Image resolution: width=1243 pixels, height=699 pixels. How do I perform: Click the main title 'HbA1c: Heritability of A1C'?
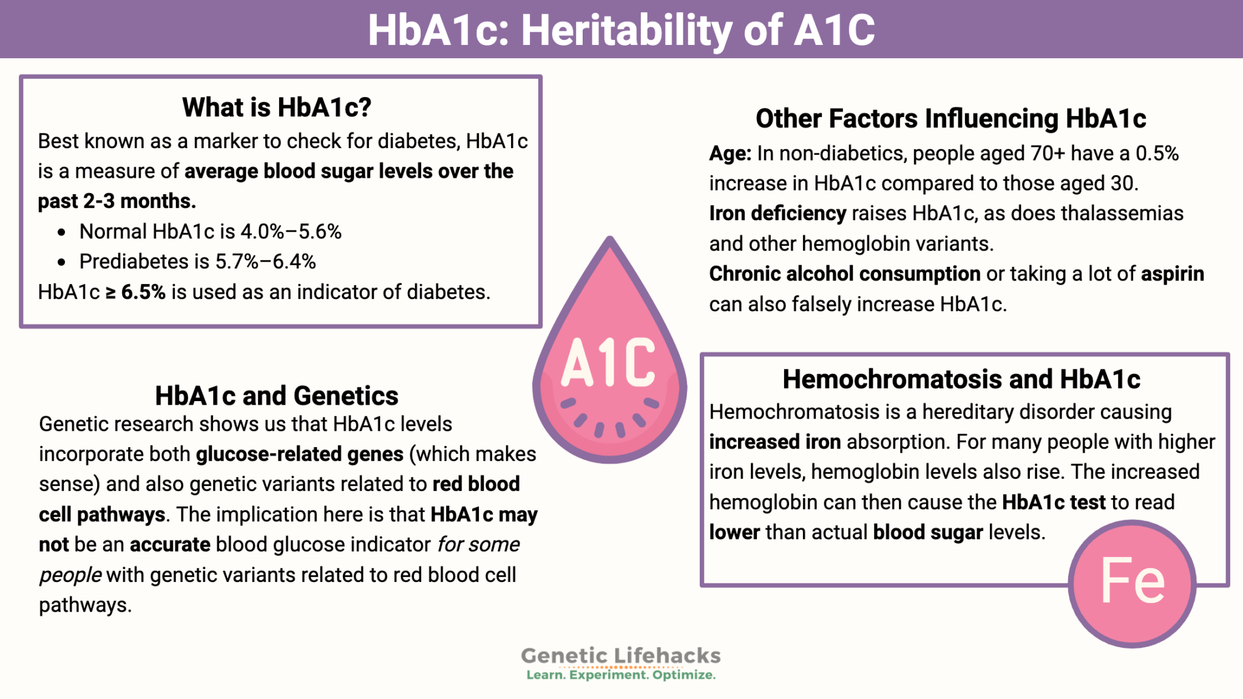[621, 30]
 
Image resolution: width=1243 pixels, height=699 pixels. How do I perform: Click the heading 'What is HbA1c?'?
[276, 107]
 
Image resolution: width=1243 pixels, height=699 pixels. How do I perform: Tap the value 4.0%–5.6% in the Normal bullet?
[291, 231]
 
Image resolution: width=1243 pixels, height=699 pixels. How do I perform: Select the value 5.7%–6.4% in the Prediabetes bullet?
[265, 262]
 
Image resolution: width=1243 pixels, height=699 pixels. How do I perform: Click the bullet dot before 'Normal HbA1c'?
[61, 232]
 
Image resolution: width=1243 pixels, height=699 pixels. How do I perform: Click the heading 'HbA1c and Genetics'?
[276, 396]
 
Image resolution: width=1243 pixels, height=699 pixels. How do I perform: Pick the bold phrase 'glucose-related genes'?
[299, 454]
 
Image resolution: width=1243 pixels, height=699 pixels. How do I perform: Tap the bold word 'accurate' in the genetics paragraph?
[170, 544]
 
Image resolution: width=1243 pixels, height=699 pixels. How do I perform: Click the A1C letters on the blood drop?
[608, 362]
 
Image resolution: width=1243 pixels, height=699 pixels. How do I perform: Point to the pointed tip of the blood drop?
[610, 240]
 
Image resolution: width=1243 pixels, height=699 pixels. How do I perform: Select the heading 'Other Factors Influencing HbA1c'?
[950, 118]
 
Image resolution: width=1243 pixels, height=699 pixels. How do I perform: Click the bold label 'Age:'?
[730, 154]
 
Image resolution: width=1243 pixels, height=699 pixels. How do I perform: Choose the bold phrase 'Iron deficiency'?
[777, 214]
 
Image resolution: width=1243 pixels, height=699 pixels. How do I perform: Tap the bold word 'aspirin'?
[1172, 274]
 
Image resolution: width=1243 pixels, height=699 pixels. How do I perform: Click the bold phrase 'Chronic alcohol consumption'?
[844, 274]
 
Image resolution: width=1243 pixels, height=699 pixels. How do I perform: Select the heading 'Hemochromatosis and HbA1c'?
[961, 379]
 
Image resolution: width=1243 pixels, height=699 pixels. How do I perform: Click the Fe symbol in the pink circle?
[1133, 582]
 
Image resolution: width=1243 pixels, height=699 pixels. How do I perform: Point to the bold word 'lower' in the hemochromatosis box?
[734, 532]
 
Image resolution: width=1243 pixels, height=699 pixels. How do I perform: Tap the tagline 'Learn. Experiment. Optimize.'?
[621, 675]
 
